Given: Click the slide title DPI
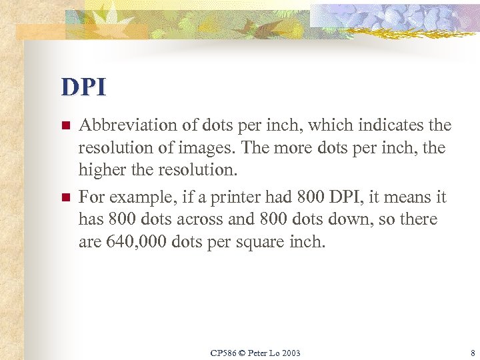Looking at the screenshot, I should [83, 87].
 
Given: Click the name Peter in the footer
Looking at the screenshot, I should [258, 353].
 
